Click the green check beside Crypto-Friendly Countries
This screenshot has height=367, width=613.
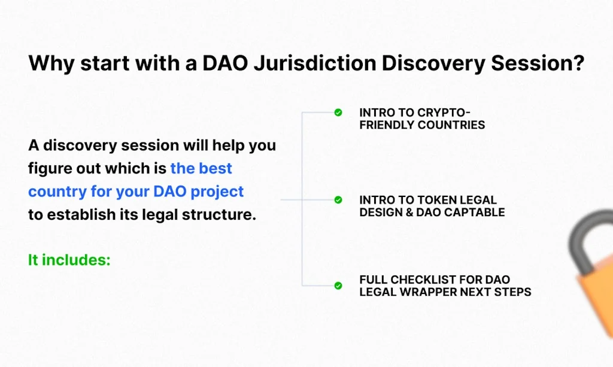click(338, 113)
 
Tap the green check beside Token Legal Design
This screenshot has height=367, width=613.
click(338, 199)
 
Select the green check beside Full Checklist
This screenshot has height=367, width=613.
click(338, 286)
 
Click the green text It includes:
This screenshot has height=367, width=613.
click(69, 260)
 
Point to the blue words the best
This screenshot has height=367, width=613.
click(201, 168)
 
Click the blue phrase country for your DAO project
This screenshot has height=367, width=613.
click(136, 192)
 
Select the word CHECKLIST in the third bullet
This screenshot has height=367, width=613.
click(425, 280)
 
